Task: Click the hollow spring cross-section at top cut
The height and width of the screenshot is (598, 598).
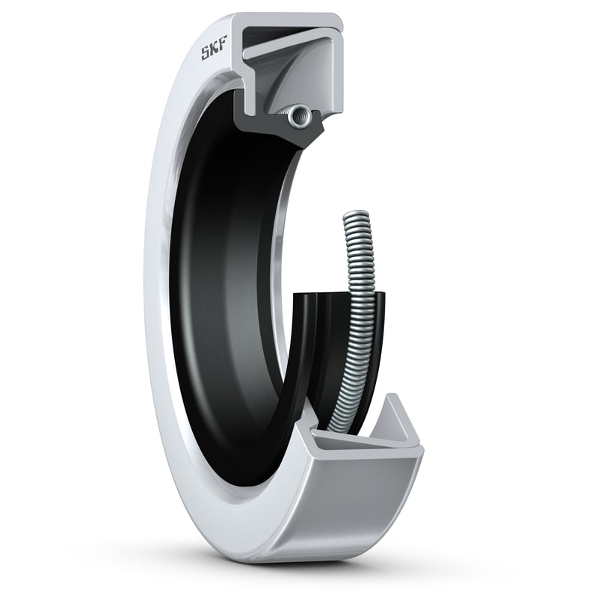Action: click(x=301, y=114)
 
